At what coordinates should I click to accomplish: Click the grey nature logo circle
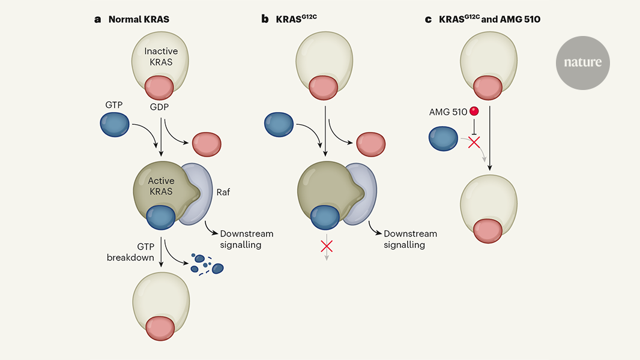pyautogui.click(x=582, y=63)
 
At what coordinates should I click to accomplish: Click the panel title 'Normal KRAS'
pyautogui.click(x=139, y=19)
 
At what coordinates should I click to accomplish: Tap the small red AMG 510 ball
pyautogui.click(x=474, y=112)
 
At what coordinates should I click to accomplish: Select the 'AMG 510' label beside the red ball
pyautogui.click(x=448, y=112)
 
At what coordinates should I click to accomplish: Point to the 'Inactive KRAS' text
pyautogui.click(x=160, y=57)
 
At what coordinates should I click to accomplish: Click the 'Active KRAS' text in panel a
pyautogui.click(x=160, y=186)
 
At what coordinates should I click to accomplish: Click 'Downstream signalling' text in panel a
pyautogui.click(x=247, y=239)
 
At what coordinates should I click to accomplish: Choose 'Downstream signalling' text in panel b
pyautogui.click(x=411, y=239)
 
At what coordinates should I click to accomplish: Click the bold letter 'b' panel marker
pyautogui.click(x=265, y=19)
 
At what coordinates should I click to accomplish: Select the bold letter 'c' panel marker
pyautogui.click(x=428, y=19)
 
